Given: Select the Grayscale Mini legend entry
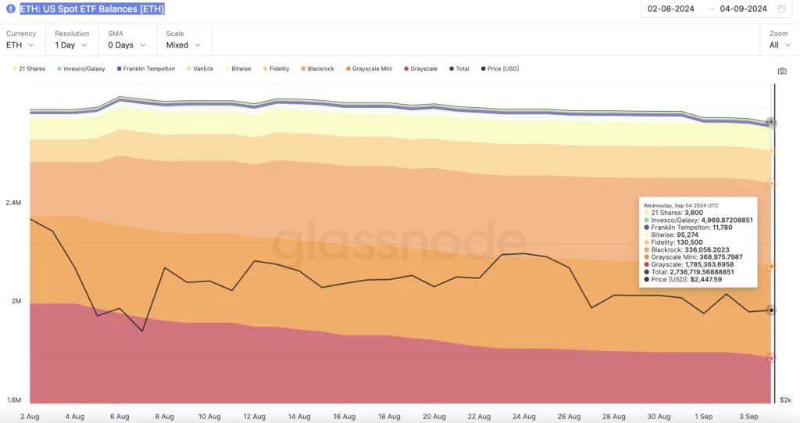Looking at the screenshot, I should [372, 69].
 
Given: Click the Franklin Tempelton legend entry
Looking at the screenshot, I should [148, 69].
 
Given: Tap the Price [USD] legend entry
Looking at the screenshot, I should [502, 69].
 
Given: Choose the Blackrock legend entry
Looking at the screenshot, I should [320, 69].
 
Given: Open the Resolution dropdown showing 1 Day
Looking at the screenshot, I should [71, 45].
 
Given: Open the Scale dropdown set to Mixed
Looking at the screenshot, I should [184, 45].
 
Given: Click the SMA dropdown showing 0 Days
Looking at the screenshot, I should [127, 45].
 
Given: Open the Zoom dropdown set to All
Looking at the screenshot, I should [778, 45].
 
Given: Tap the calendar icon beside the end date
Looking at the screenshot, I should [781, 9].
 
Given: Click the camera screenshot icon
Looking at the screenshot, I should [782, 71].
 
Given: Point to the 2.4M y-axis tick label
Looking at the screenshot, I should [13, 203].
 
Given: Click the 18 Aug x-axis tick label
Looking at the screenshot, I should [389, 417].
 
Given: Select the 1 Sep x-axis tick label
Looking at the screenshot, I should [703, 417].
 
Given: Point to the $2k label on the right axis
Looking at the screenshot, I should [785, 400].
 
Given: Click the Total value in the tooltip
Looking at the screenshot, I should [702, 271].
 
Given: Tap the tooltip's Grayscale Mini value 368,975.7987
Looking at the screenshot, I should [715, 256].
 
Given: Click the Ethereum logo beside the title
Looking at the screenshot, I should [10, 9].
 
